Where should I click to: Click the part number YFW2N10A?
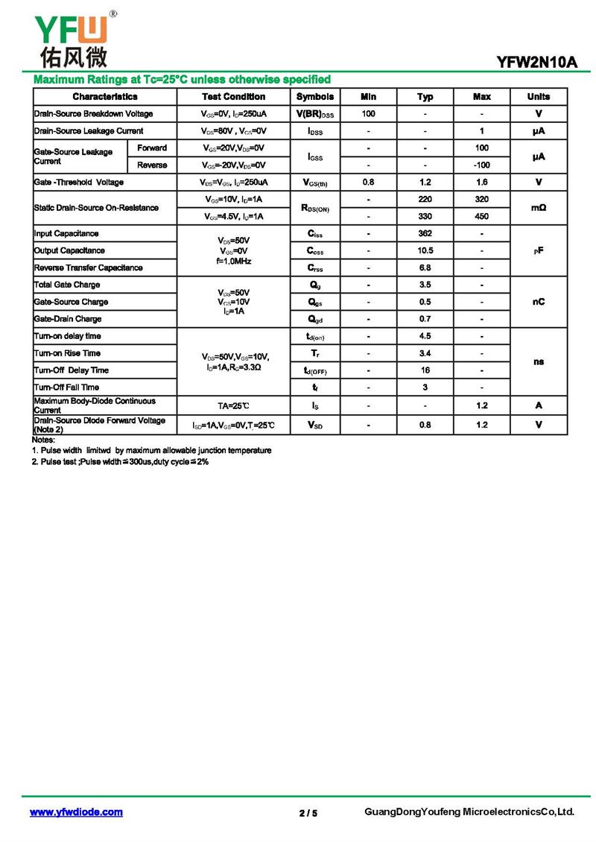pos(537,63)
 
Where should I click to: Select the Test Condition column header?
pos(233,97)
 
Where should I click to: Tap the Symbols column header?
pos(315,97)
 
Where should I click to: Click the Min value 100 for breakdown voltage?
pos(368,114)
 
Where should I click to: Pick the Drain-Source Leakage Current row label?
pos(89,131)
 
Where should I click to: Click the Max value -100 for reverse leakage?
pos(481,165)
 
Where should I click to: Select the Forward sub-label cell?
pos(152,148)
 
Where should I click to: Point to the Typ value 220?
pos(425,200)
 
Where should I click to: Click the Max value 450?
pos(481,216)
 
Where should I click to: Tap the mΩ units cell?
pos(538,208)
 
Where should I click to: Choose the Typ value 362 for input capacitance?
pos(425,233)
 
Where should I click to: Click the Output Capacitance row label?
pos(69,250)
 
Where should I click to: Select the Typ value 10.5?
pos(425,250)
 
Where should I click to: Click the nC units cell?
pos(538,302)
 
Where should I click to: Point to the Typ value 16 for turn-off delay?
pos(425,370)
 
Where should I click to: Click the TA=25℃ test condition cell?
pos(233,405)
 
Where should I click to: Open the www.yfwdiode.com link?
pos(76,812)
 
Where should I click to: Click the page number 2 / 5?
pos(308,813)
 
